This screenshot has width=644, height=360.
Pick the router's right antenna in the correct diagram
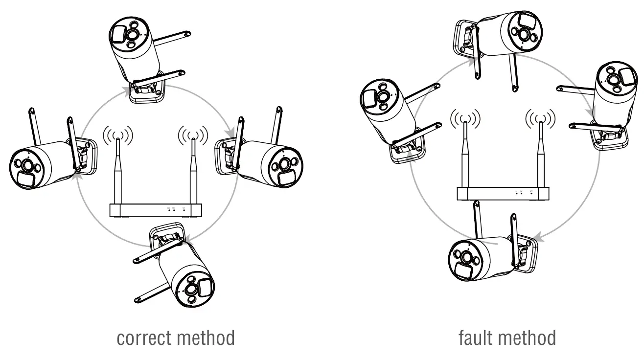[x=193, y=171]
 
